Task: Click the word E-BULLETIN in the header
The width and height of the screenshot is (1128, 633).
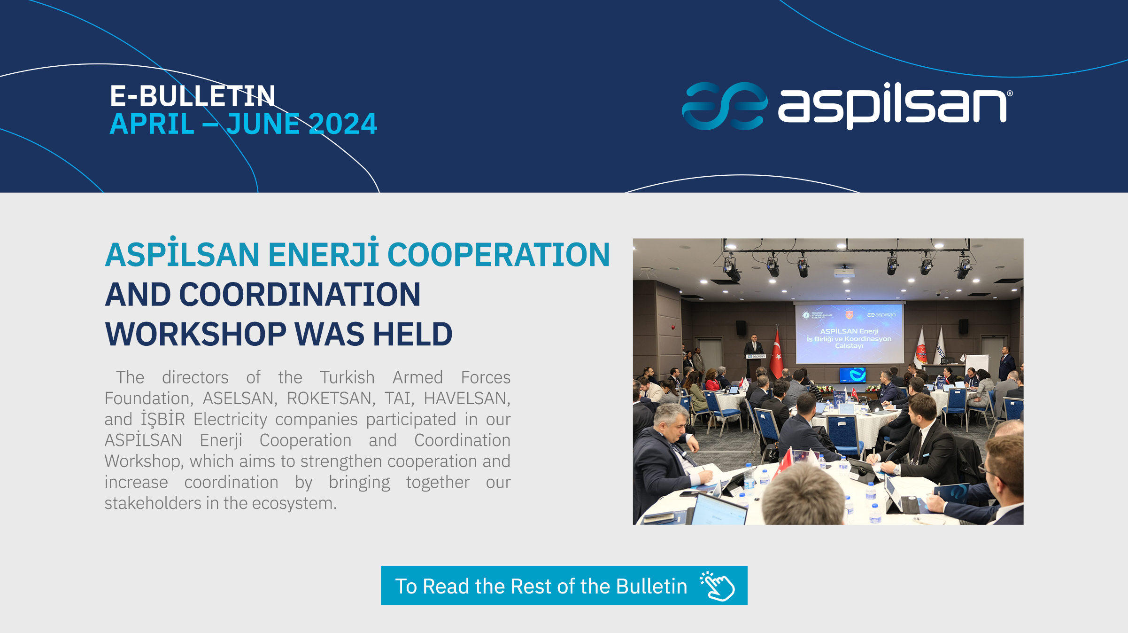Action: click(193, 96)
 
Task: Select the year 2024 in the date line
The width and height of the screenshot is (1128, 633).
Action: click(343, 124)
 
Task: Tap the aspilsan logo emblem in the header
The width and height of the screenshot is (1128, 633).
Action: click(725, 106)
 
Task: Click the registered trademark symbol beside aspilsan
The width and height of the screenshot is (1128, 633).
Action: click(1010, 94)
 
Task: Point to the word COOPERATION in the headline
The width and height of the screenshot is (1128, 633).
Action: click(498, 255)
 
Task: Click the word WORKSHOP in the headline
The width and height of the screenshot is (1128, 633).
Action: click(195, 334)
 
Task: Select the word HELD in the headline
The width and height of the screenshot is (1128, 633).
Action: click(413, 334)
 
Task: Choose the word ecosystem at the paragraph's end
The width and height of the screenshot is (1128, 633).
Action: click(294, 503)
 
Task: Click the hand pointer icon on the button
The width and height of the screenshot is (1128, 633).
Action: click(717, 586)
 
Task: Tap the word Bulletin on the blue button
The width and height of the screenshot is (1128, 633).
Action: click(651, 586)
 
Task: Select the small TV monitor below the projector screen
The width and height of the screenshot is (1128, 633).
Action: click(852, 375)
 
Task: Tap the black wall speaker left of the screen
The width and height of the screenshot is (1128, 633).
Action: click(741, 328)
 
